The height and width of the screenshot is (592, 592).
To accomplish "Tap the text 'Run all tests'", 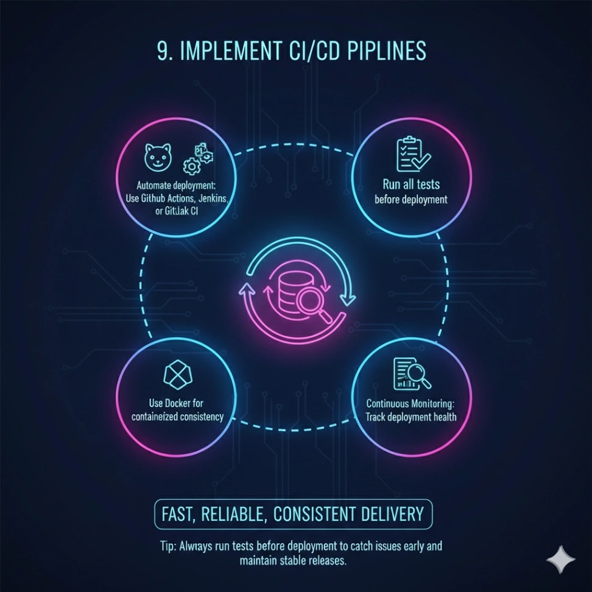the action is pos(411,184).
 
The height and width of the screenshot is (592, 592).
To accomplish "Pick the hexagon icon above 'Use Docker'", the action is pos(176,376).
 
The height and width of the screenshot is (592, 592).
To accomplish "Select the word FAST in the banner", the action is pos(178,513).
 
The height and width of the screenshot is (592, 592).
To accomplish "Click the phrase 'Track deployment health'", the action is pos(411,417).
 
